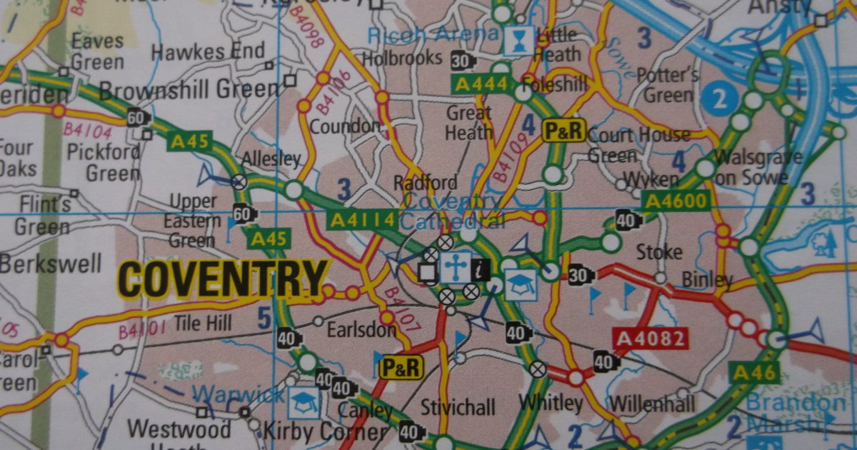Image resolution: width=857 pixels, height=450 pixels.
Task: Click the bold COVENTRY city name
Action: (x=224, y=279)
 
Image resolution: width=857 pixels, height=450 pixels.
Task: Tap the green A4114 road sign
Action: (x=361, y=220)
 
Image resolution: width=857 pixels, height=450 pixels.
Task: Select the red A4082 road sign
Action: (x=650, y=338)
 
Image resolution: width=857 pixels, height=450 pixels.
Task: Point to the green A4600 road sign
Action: (x=676, y=201)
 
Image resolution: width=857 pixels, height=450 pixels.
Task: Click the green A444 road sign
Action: (x=482, y=85)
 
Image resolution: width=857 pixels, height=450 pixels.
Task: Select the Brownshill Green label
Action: (x=189, y=90)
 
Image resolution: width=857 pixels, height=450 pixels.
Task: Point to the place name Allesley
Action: (x=272, y=158)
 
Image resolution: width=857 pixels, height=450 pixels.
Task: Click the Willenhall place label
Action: (x=652, y=404)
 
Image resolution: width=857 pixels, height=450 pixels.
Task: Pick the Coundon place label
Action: (x=346, y=126)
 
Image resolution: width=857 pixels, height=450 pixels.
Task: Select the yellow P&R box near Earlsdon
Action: (x=401, y=367)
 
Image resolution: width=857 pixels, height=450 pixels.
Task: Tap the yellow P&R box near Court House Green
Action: (x=564, y=130)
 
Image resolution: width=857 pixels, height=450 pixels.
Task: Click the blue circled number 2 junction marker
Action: (x=720, y=99)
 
